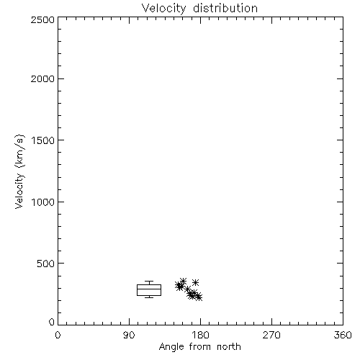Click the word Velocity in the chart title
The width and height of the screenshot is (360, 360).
[x=164, y=9]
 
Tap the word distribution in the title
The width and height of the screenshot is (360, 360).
[x=225, y=8]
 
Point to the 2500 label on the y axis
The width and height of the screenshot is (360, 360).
[x=42, y=19]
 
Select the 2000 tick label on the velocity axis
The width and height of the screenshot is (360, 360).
[x=42, y=78]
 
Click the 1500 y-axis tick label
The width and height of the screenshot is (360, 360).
[x=43, y=140]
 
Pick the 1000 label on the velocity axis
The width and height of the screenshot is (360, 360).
[x=43, y=202]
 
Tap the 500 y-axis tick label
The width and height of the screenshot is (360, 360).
[x=46, y=264]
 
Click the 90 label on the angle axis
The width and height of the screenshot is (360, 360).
[x=129, y=335]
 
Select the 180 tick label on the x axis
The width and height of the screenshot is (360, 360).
[x=200, y=335]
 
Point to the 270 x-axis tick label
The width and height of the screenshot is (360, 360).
[x=271, y=335]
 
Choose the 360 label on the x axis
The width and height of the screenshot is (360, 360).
[x=343, y=335]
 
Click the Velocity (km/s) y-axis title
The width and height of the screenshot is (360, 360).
[x=19, y=171]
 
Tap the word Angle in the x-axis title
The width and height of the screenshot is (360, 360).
[x=172, y=347]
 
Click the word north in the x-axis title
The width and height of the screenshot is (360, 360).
[x=229, y=347]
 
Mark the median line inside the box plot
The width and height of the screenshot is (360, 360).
[x=149, y=289]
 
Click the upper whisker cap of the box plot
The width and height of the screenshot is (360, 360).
[x=149, y=282]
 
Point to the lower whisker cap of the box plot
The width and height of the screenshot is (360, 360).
[x=149, y=297]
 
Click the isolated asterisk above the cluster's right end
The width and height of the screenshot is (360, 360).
[x=196, y=282]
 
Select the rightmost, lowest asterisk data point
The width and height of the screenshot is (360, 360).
[x=199, y=297]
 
